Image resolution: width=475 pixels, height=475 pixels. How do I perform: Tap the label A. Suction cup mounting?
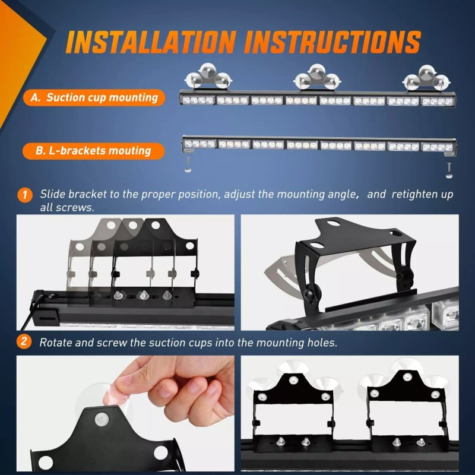pos(94,97)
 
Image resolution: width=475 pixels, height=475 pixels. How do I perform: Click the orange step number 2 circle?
pos(24,342)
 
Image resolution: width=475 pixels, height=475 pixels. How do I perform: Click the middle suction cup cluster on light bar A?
pos(316,77)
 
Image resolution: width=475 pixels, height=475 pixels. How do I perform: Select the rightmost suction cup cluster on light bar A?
pos(426,77)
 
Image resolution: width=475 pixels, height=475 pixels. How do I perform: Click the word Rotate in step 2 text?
pos(56,343)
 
